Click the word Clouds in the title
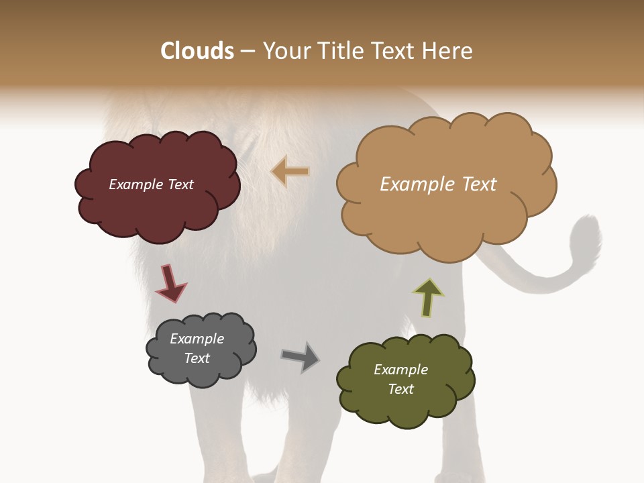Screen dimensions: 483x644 (197, 51)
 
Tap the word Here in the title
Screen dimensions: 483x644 (449, 51)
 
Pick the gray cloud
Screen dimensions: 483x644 (201, 372)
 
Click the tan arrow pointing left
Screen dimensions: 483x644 (290, 172)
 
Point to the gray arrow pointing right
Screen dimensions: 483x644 (301, 356)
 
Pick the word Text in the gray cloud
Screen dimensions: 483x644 (197, 358)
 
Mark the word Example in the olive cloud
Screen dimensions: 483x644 (400, 370)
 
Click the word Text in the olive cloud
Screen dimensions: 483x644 (400, 389)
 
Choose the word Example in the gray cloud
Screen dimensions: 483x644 (197, 339)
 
